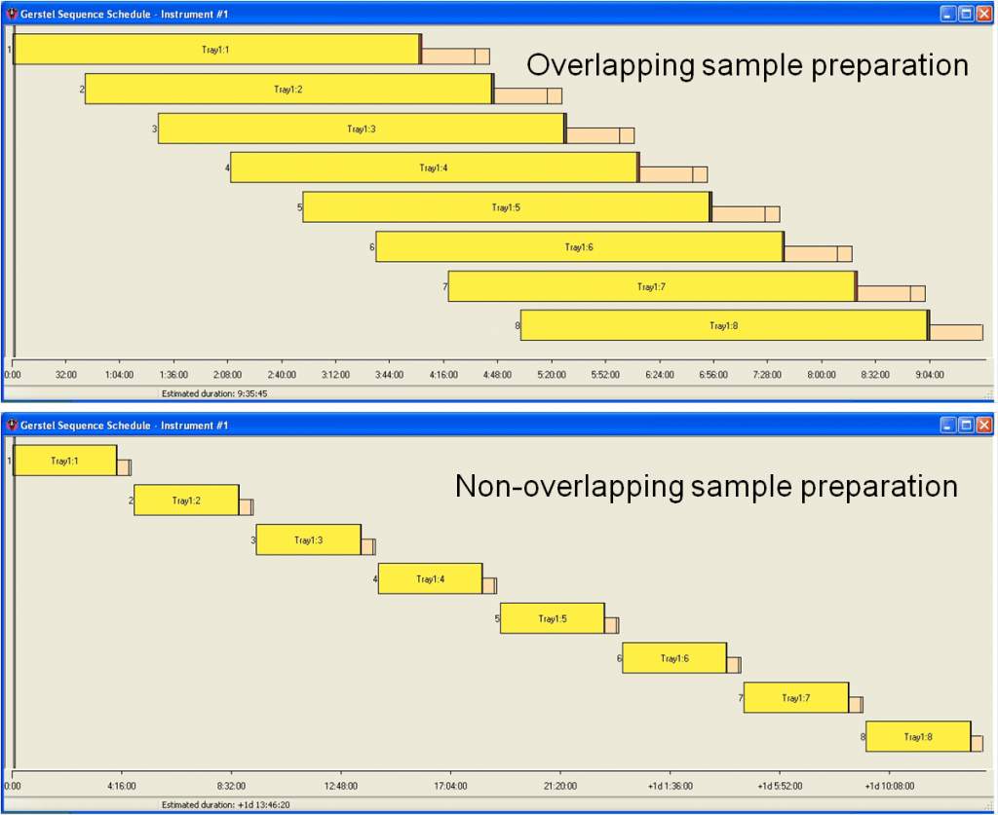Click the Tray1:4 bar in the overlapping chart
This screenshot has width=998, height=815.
[x=434, y=167]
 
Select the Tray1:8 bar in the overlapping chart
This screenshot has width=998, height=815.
[x=724, y=325]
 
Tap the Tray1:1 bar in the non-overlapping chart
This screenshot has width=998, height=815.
[x=65, y=461]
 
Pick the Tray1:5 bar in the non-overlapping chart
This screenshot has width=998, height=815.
[x=553, y=618]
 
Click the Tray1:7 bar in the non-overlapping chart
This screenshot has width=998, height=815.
[x=796, y=698]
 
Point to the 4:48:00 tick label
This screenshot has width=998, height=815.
[x=497, y=375]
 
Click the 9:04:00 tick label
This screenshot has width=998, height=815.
[x=929, y=375]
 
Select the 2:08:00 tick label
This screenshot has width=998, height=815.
[x=227, y=375]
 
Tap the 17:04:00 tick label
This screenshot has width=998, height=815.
[x=450, y=787]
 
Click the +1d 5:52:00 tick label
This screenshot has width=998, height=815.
[x=780, y=787]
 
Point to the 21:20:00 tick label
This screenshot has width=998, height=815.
[x=560, y=787]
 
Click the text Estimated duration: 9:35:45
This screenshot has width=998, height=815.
[x=214, y=394]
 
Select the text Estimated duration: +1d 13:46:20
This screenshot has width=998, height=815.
[x=226, y=805]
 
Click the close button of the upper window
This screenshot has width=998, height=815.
[x=984, y=14]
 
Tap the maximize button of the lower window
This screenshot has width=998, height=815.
[x=966, y=425]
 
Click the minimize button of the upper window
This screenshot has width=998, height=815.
[x=948, y=14]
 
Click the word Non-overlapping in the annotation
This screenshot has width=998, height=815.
[x=569, y=486]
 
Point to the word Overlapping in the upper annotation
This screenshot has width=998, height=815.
[x=610, y=66]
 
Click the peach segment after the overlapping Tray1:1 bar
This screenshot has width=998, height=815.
[x=456, y=56]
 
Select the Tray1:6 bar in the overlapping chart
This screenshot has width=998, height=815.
[x=579, y=246]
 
